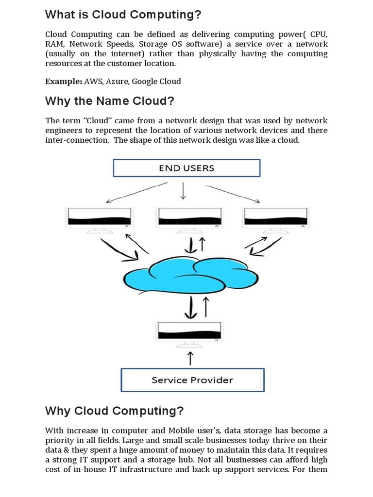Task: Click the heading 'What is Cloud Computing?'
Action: pyautogui.click(x=123, y=15)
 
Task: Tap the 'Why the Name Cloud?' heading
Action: pyautogui.click(x=109, y=101)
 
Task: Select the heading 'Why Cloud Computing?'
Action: pyautogui.click(x=114, y=411)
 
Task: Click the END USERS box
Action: pyautogui.click(x=186, y=168)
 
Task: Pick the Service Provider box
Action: pyautogui.click(x=192, y=380)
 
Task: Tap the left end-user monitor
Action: pyautogui.click(x=100, y=218)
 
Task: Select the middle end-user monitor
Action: pyautogui.click(x=189, y=218)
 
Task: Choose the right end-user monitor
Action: pyautogui.click(x=276, y=218)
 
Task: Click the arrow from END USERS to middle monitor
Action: pyautogui.click(x=183, y=191)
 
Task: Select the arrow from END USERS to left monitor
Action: pyautogui.click(x=136, y=193)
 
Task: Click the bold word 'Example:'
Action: pyautogui.click(x=64, y=82)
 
